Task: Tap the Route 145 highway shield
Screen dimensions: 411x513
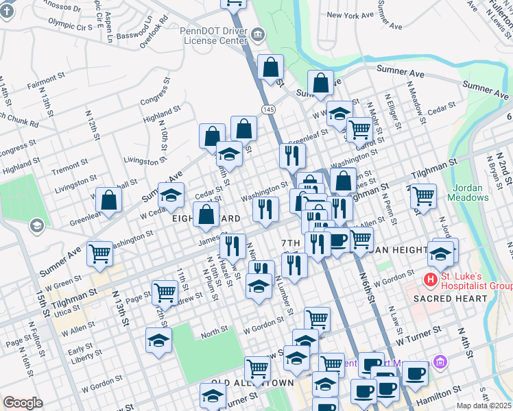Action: [x=269, y=110]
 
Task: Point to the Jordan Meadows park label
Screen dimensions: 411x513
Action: [x=470, y=192]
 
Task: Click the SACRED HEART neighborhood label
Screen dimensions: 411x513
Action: [x=449, y=299]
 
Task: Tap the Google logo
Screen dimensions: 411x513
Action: [x=23, y=403]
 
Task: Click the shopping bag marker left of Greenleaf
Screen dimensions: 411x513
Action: [x=109, y=201]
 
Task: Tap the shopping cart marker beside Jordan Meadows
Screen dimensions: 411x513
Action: [x=423, y=197]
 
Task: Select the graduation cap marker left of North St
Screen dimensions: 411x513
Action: [x=158, y=341]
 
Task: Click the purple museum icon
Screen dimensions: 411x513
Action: [x=440, y=362]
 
